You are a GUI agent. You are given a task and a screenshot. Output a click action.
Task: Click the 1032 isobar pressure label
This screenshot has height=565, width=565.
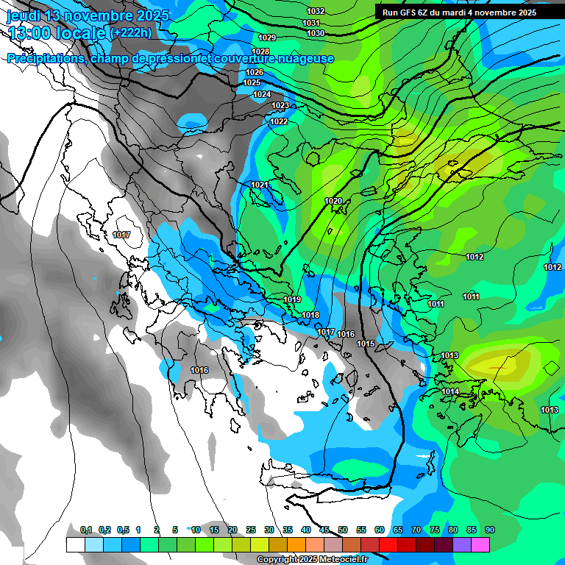316,11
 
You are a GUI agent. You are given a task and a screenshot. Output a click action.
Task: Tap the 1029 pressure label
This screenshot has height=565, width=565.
267,38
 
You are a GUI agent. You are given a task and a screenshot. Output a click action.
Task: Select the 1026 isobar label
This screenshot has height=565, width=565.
255,72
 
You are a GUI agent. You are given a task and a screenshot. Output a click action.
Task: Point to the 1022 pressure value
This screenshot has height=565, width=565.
279,121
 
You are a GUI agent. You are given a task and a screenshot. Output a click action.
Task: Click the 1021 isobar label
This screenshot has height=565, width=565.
260,185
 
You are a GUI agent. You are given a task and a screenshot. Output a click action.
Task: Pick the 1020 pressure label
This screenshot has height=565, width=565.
333,201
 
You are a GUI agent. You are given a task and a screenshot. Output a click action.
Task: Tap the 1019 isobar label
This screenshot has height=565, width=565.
292,299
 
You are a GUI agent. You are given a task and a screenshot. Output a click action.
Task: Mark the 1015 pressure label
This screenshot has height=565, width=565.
366,344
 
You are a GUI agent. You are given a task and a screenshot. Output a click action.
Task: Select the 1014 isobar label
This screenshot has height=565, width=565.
450,391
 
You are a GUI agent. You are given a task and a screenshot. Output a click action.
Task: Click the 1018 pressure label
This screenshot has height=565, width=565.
310,315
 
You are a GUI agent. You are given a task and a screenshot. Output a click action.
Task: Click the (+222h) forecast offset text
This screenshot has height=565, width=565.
132,32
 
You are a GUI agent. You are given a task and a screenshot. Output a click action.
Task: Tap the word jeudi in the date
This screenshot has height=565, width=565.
24,15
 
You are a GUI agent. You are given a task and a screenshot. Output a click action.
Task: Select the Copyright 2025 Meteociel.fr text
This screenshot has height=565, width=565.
311,559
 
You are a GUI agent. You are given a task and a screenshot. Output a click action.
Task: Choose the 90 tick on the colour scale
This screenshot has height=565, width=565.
489,530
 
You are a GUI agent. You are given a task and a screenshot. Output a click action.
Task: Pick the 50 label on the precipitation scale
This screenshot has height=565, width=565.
343,530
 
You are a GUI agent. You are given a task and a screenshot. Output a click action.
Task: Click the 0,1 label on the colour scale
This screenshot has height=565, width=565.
86,530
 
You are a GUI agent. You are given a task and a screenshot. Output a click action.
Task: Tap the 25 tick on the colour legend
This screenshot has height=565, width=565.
251,530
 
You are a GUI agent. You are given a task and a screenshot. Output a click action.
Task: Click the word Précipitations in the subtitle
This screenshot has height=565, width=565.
46,59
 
